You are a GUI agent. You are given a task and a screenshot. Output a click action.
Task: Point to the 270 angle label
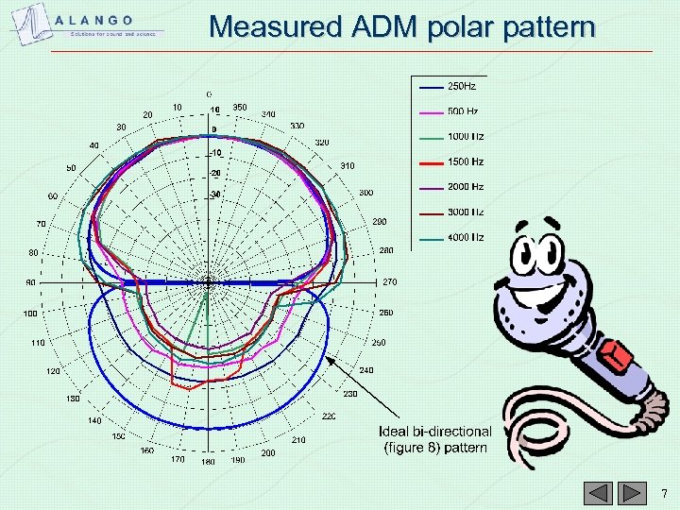pyautogui.click(x=389, y=281)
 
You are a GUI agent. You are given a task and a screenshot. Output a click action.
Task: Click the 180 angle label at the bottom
pyautogui.click(x=208, y=462)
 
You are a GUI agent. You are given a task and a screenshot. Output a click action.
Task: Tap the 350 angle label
pyautogui.click(x=240, y=108)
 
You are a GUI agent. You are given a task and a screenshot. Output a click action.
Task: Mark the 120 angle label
pyautogui.click(x=54, y=371)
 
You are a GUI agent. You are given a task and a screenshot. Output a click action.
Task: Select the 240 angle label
pyautogui.click(x=365, y=370)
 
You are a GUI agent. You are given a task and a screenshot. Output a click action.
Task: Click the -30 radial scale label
pyautogui.click(x=215, y=195)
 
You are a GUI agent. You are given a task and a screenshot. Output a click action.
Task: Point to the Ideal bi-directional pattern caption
pyautogui.click(x=434, y=439)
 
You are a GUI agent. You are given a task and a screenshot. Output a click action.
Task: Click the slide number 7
pyautogui.click(x=664, y=493)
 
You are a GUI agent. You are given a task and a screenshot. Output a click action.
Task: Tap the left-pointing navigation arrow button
pyautogui.click(x=597, y=493)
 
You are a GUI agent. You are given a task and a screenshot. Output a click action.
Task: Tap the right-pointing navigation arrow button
pyautogui.click(x=625, y=493)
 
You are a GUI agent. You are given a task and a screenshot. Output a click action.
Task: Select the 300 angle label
pyautogui.click(x=365, y=193)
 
